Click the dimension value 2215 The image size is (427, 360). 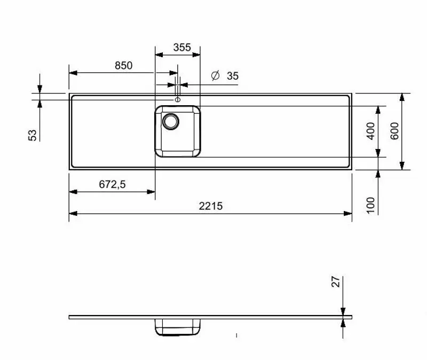pos(210,206)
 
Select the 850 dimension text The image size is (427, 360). pos(123,66)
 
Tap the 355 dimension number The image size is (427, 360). pos(182,47)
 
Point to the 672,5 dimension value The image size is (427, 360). pos(112,184)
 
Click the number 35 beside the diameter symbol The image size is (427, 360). pos(232,76)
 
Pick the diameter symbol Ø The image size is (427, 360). pos(215,76)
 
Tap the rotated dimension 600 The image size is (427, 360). pos(395,131)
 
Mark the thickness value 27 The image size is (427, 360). pos(336,283)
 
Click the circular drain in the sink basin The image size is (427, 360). pos(171,121)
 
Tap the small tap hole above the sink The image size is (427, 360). pos(178,99)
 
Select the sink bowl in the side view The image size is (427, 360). pos(178,327)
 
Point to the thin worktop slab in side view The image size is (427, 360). pos(267,317)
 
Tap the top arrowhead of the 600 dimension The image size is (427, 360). pos(401,97)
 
